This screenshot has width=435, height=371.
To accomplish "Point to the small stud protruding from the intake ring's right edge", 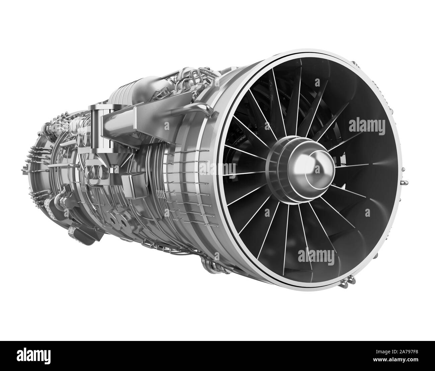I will click(405, 183).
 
